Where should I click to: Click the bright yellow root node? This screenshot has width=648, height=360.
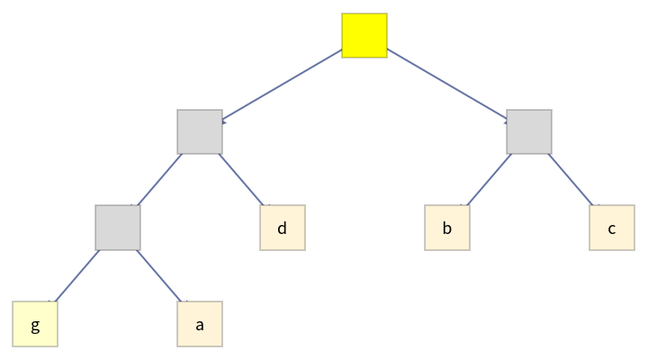[364, 35]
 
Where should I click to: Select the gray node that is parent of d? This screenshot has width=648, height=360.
[200, 131]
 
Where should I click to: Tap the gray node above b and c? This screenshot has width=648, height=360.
[529, 131]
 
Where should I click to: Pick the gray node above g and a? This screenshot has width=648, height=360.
[118, 228]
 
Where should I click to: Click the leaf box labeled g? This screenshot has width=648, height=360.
[35, 324]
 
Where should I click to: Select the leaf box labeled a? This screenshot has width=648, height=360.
[200, 324]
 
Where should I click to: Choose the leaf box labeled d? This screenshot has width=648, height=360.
[283, 228]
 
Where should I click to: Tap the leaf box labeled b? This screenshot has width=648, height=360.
[447, 228]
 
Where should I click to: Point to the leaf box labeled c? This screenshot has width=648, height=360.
[612, 228]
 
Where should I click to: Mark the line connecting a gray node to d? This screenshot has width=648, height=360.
[241, 180]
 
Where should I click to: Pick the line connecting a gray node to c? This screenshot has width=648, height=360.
[571, 180]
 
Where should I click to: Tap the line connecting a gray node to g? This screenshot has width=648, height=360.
[76, 275]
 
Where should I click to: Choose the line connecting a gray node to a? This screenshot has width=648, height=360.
[159, 275]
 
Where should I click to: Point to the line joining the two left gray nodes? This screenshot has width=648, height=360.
[159, 180]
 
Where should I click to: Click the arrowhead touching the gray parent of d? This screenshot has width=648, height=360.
[226, 120]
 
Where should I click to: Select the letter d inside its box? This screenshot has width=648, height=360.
[283, 228]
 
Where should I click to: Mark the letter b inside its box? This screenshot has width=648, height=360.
[447, 228]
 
